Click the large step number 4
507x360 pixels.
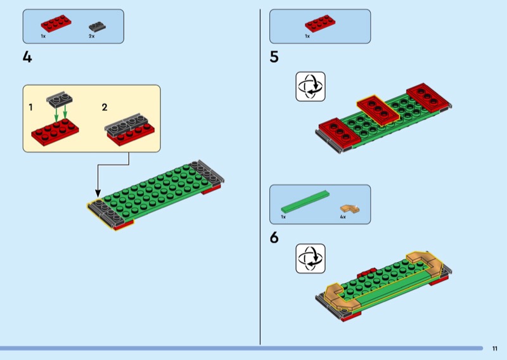click(27, 57)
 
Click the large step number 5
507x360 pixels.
click(274, 57)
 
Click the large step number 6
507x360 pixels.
click(274, 238)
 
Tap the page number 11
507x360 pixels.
click(494, 348)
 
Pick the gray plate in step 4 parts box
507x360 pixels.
click(97, 27)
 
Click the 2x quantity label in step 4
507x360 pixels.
click(92, 37)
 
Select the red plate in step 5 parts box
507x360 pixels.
click(320, 24)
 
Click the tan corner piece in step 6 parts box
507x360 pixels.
click(348, 208)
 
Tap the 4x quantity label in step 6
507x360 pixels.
click(342, 217)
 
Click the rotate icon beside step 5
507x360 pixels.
click(311, 86)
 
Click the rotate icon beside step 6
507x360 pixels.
click(311, 259)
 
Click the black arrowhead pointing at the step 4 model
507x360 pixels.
click(98, 193)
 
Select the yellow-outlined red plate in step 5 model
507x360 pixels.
click(378, 108)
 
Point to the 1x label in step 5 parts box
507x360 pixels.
click(307, 37)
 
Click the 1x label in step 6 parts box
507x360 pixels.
click(283, 217)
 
